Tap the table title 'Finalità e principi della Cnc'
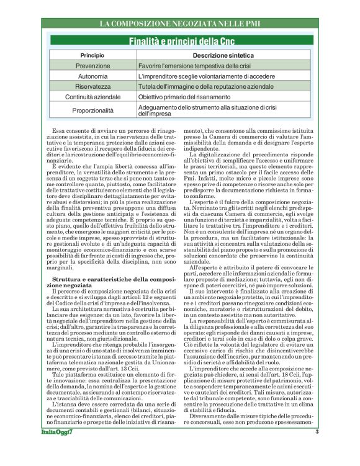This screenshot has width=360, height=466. click(180, 42)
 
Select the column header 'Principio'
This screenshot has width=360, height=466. click(92, 56)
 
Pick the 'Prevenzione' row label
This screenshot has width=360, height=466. click(92, 66)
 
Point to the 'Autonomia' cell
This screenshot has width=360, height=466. click(92, 76)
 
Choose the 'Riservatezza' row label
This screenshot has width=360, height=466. click(92, 87)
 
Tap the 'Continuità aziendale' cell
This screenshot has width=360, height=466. click(92, 97)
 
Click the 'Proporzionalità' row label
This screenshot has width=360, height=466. click(92, 110)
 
